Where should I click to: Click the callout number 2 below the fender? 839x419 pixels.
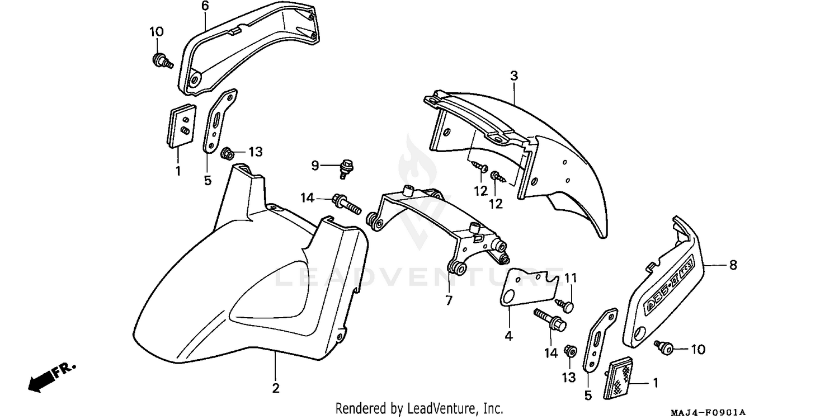[276, 388]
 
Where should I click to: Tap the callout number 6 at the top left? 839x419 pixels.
[205, 7]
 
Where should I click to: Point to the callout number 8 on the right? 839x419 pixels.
[733, 266]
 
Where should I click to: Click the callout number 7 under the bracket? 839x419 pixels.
[449, 300]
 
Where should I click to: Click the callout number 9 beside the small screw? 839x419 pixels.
[315, 165]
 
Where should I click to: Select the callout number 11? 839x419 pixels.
[570, 278]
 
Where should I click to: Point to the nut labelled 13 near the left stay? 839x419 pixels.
[228, 152]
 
